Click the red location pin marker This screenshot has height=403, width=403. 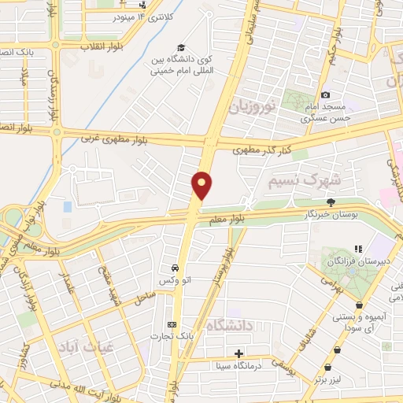click(202, 185)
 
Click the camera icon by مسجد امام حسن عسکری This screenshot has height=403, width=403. click(325, 95)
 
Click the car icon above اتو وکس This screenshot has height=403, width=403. click(176, 267)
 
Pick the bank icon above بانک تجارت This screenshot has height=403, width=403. click(172, 324)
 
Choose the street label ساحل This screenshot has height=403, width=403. click(146, 298)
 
